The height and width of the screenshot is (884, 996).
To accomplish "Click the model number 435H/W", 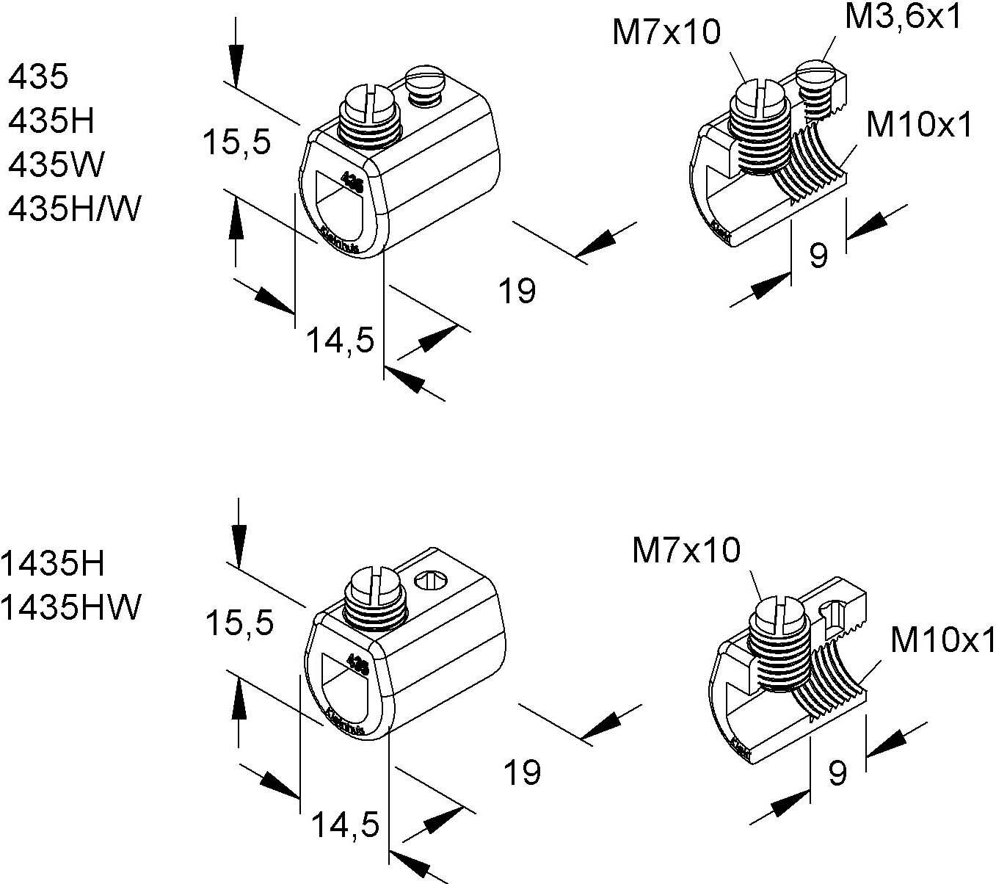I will pyautogui.click(x=73, y=210).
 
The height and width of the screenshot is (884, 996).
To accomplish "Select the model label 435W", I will pyautogui.click(x=56, y=165).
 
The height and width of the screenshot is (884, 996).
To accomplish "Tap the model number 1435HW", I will pyautogui.click(x=70, y=607).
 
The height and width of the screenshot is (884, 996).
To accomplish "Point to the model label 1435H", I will pyautogui.click(x=53, y=564).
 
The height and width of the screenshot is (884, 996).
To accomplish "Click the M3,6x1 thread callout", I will pyautogui.click(x=902, y=17).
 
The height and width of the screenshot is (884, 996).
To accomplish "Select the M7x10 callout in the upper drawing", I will pyautogui.click(x=666, y=33).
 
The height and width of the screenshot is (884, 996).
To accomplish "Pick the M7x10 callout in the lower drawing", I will pyautogui.click(x=686, y=550).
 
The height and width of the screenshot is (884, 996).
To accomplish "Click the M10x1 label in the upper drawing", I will pyautogui.click(x=919, y=126).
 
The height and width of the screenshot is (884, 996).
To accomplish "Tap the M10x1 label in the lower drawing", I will pyautogui.click(x=942, y=640).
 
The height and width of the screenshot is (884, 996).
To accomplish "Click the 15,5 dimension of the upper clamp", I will pyautogui.click(x=237, y=141).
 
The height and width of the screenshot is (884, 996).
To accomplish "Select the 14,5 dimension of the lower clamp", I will pyautogui.click(x=345, y=825).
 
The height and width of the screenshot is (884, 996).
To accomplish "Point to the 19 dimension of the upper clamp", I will pyautogui.click(x=517, y=291).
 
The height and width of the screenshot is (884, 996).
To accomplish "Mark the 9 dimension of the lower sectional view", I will pyautogui.click(x=837, y=772).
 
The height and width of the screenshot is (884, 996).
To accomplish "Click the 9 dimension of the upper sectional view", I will pyautogui.click(x=818, y=255).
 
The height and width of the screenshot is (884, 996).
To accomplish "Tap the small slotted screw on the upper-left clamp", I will pyautogui.click(x=425, y=76).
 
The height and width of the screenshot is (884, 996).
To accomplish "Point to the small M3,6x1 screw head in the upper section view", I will pyautogui.click(x=815, y=72).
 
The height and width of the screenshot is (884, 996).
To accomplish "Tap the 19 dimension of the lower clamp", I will pyautogui.click(x=523, y=772).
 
